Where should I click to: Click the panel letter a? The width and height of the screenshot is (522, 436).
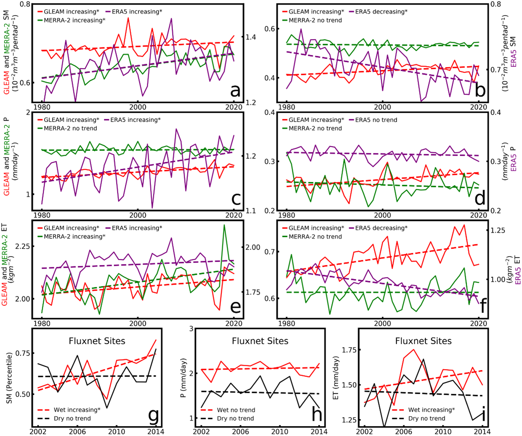(x=235, y=90)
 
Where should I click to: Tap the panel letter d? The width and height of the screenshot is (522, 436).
(x=480, y=199)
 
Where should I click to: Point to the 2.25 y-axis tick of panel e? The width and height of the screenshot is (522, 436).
(x=22, y=246)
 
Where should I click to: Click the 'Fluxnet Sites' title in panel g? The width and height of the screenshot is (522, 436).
(x=97, y=341)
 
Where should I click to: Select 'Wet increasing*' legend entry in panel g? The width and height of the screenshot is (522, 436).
(x=77, y=410)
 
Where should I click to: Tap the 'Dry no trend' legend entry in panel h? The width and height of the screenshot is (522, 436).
(x=235, y=418)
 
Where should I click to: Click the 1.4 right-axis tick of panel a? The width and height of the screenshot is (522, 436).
(x=251, y=37)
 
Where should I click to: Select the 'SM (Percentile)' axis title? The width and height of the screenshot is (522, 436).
(x=9, y=378)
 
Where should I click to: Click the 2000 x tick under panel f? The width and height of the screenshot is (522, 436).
(x=382, y=324)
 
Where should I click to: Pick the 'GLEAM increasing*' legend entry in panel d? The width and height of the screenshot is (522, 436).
(x=316, y=120)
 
